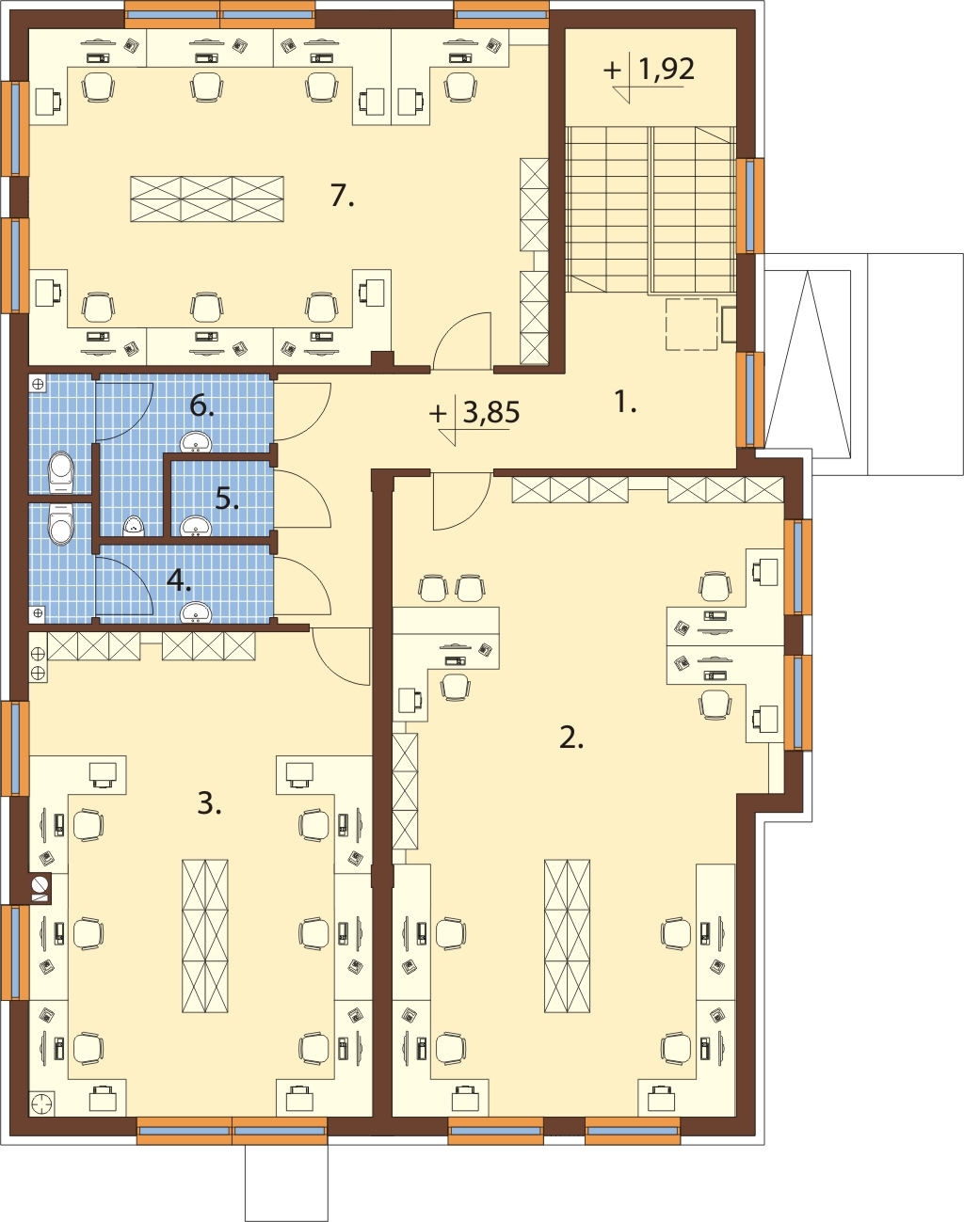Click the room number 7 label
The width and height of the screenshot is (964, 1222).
tap(342, 197)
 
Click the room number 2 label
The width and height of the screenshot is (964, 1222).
tap(571, 738)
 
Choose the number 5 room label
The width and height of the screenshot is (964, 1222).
tap(227, 500)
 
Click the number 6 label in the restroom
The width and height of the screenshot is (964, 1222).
tap(201, 406)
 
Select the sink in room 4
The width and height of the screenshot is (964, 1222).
tap(196, 611)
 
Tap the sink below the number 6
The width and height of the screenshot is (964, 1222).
tap(196, 441)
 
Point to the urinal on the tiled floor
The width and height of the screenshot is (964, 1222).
tap(134, 527)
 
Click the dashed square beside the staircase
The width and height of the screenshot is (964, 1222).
tap(692, 324)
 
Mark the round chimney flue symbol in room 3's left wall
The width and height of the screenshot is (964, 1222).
tap(40, 884)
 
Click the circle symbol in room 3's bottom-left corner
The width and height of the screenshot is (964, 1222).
tap(41, 1105)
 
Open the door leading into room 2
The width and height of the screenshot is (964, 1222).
tap(461, 500)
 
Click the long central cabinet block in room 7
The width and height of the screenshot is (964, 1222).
tap(207, 198)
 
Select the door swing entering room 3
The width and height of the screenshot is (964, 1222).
tap(341, 657)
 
